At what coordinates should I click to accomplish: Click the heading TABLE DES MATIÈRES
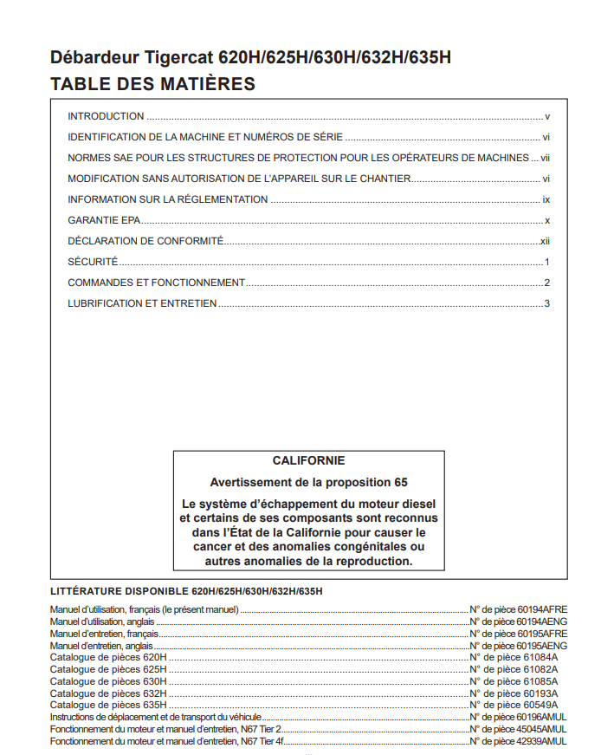pos(152,84)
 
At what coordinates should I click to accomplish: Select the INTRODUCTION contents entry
pos(106,116)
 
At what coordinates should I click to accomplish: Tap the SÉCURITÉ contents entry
pos(93,262)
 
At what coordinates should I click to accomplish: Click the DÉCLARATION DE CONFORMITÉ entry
pos(145,241)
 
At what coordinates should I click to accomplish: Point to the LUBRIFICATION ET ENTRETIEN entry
pos(142,303)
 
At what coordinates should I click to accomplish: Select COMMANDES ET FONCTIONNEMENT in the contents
pos(156,283)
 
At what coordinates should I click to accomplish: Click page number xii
pos(545,241)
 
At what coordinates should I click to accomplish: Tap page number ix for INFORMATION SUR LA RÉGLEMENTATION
pos(546,199)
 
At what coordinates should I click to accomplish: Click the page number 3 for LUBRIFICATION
pos(547,303)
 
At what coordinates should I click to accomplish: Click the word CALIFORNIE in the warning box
pos(308,461)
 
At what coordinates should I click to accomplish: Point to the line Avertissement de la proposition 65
pos(308,482)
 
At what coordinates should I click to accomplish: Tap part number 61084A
pos(540,658)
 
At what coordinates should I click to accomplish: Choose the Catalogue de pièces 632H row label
pos(108,693)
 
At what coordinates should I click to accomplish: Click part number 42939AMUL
pos(541,742)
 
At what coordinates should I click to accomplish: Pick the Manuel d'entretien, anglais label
pos(102,646)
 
